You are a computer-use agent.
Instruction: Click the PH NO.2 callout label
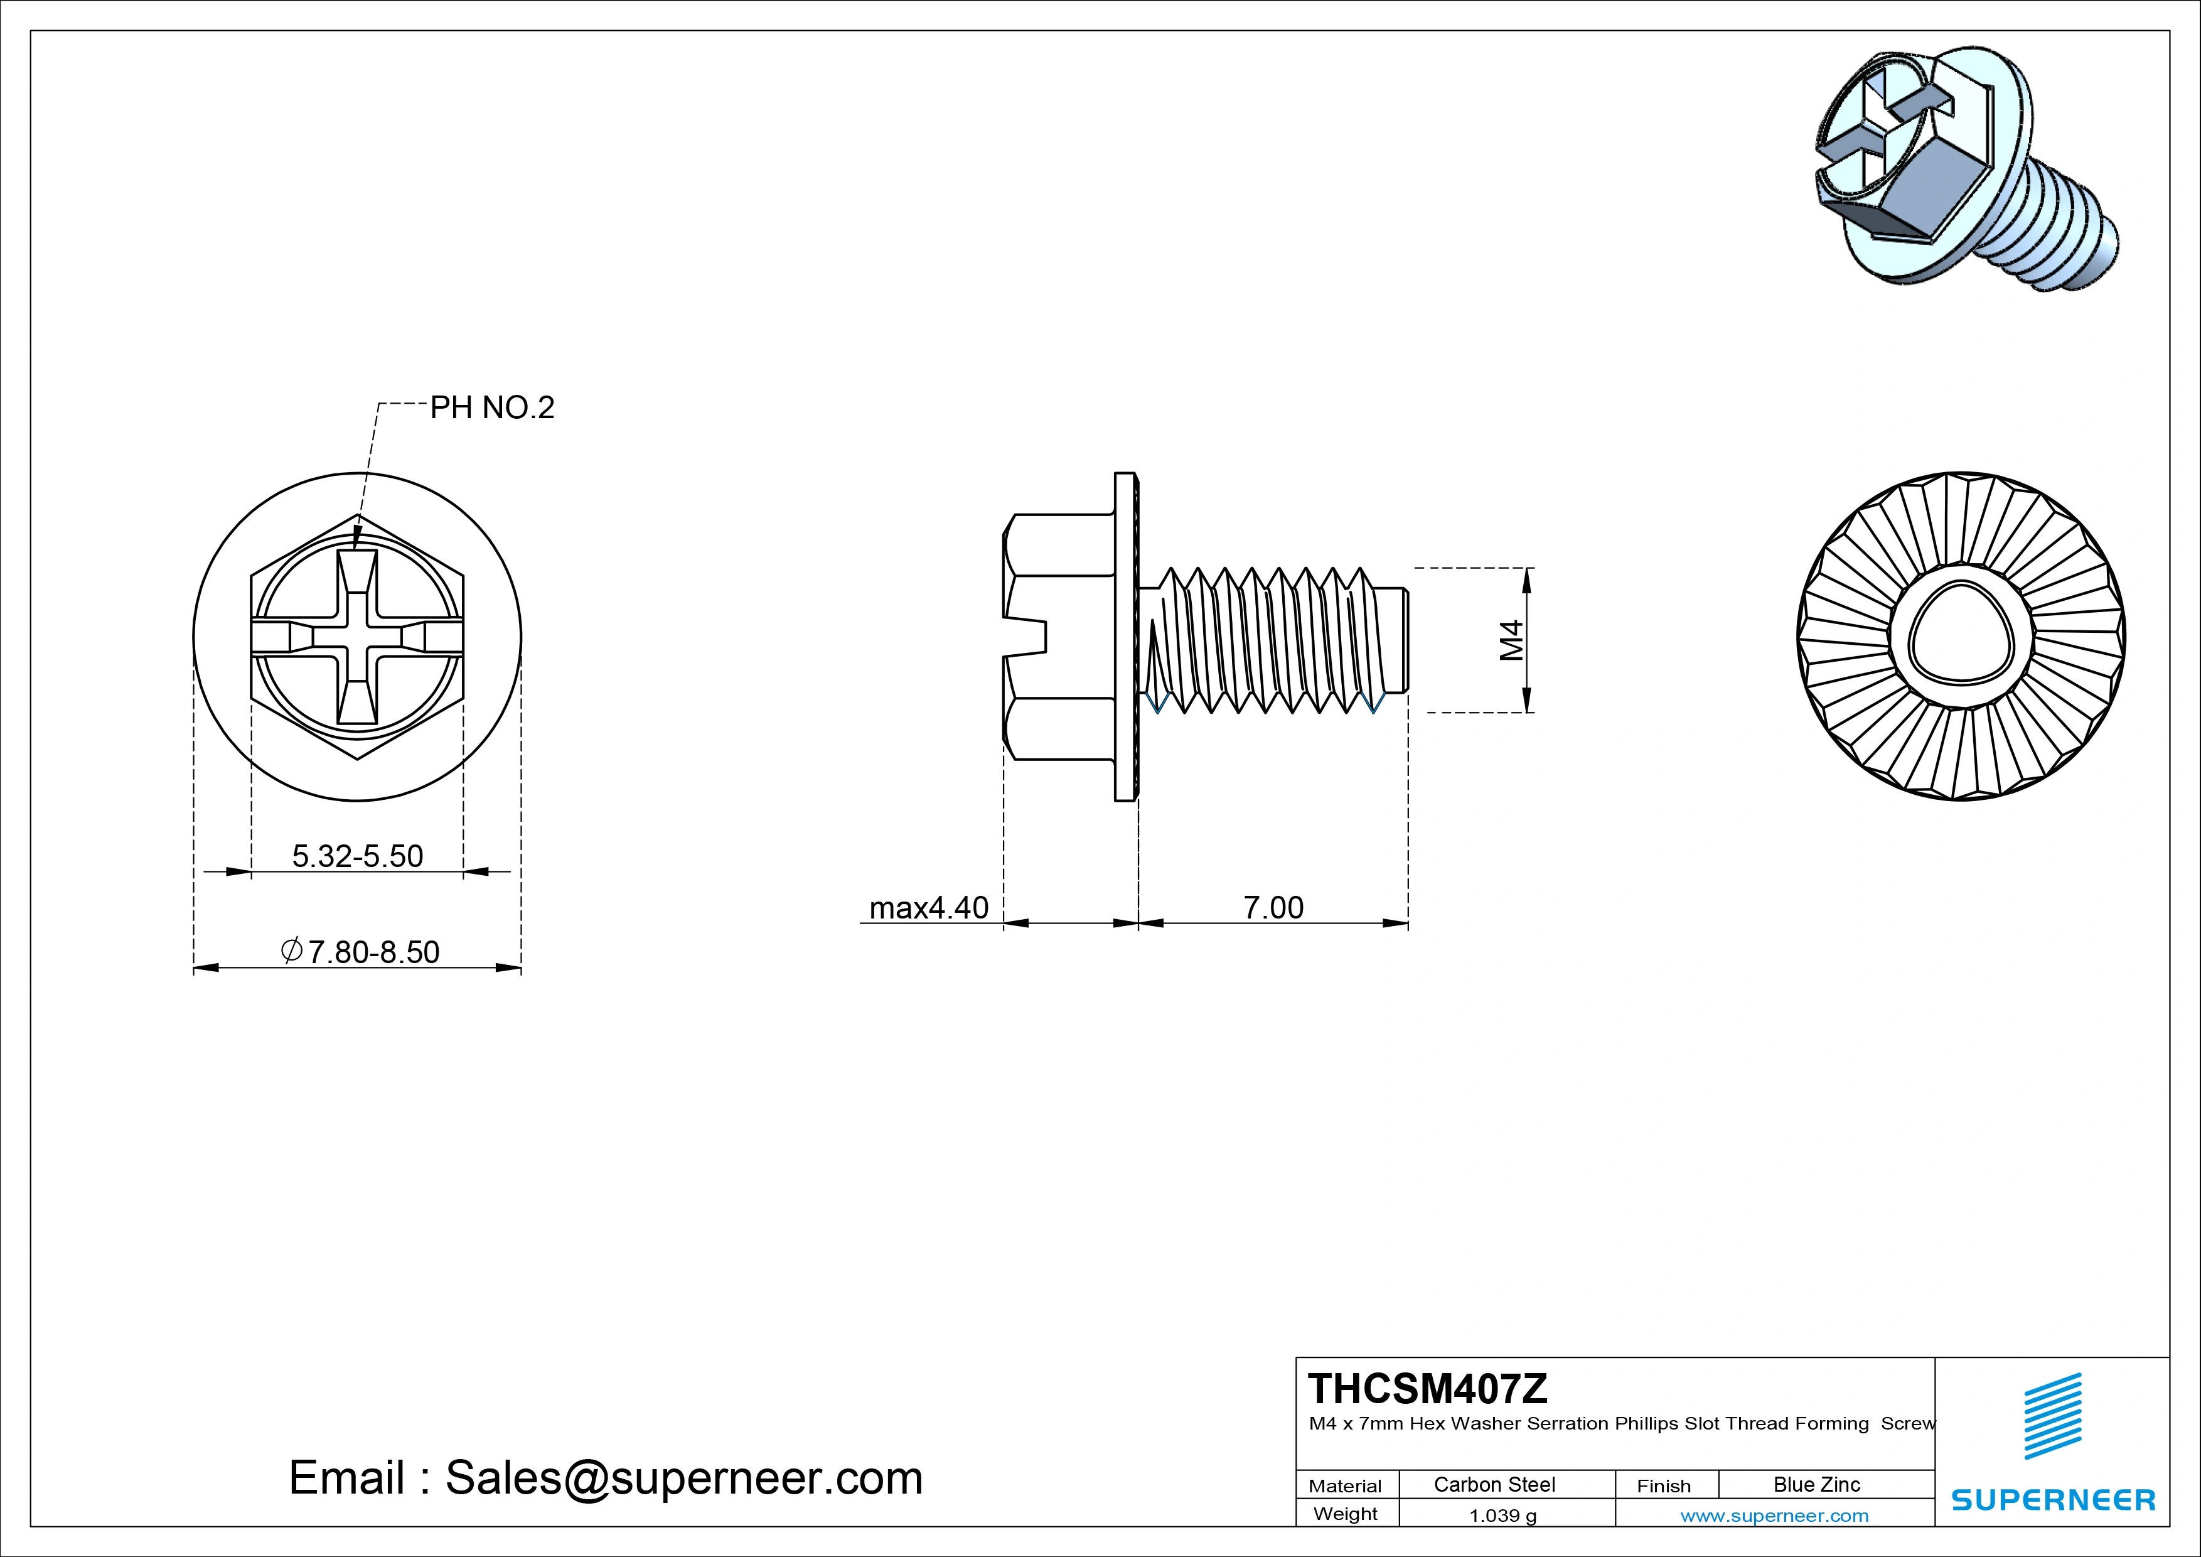pos(492,407)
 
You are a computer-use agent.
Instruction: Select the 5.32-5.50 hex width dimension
pos(358,855)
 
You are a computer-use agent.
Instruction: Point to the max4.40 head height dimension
pos(928,907)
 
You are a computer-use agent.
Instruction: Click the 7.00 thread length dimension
pos(1273,907)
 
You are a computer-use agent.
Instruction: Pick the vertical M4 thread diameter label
pos(1511,640)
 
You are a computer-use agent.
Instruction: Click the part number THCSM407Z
pos(1427,1388)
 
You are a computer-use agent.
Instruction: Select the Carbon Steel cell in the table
pos(1494,1484)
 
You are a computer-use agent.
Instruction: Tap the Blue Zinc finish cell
pos(1816,1484)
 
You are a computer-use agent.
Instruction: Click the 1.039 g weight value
pos(1502,1515)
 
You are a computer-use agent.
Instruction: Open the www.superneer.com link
pos(1774,1515)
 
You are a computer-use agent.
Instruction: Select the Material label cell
pos(1345,1485)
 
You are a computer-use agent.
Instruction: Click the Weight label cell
pos(1345,1514)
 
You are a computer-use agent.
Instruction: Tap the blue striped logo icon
pos(2052,1416)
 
